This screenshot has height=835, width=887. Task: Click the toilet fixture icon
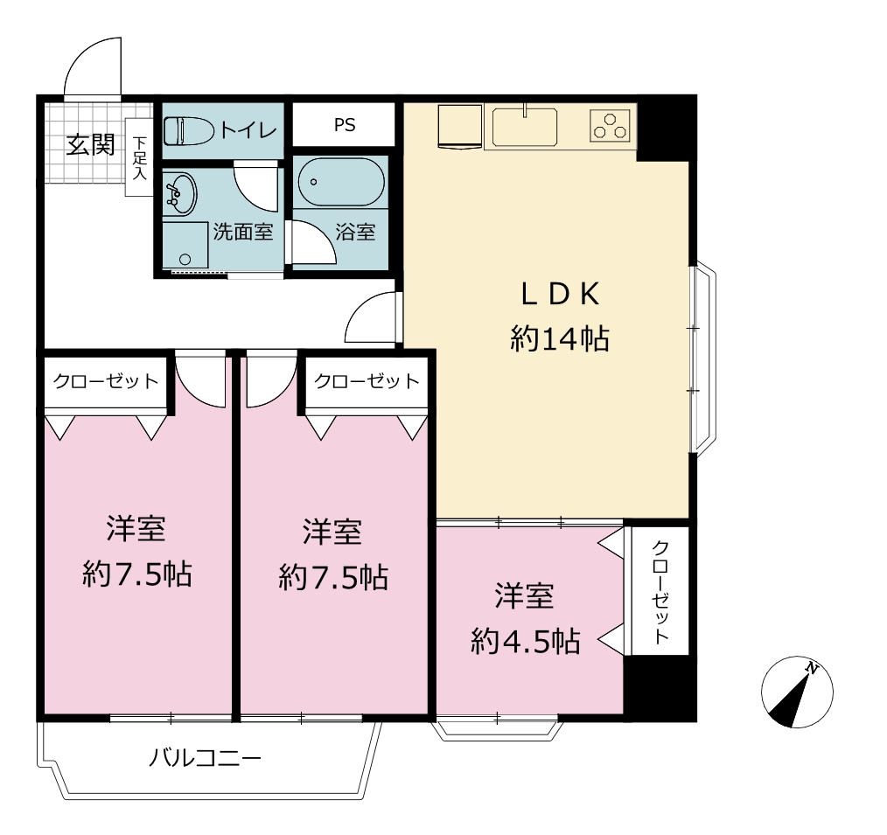(188, 131)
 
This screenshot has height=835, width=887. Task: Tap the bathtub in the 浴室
(341, 182)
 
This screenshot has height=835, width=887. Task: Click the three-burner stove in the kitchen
(610, 126)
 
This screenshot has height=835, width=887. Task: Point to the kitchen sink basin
(524, 127)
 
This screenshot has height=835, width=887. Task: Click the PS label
(345, 125)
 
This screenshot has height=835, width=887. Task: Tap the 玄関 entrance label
(90, 145)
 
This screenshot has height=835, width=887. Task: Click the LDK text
(560, 294)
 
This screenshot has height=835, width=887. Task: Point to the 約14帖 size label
(560, 338)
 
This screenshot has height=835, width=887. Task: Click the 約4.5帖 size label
(526, 641)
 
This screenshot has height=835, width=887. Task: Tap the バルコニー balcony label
(206, 757)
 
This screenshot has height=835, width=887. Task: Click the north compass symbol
(797, 692)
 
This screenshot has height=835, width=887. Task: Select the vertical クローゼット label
(660, 591)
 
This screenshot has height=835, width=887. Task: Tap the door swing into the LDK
(371, 317)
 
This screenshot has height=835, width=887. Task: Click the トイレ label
(248, 130)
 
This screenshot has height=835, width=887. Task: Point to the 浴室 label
(355, 232)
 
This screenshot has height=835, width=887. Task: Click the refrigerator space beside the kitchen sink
(460, 126)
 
